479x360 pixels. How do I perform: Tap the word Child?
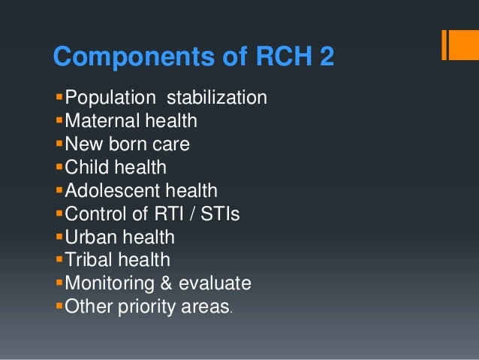tap(85, 167)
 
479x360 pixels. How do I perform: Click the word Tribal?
tap(87, 260)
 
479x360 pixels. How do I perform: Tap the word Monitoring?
tap(107, 284)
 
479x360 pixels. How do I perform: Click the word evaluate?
tap(214, 284)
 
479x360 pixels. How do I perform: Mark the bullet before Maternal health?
tap(60, 120)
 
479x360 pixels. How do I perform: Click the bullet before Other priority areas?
tap(60, 307)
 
